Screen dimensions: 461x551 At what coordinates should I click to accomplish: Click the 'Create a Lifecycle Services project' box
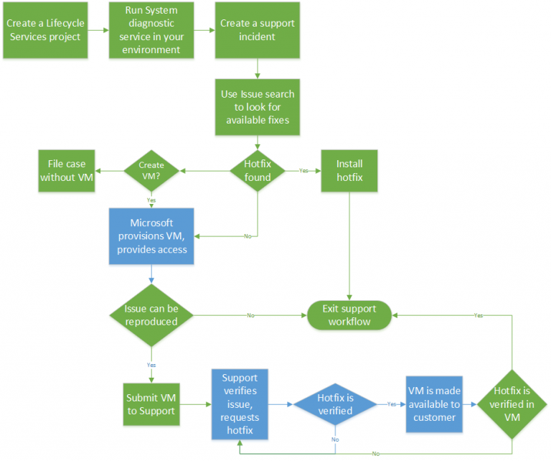(x=46, y=31)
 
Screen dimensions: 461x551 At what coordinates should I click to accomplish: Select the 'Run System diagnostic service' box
(x=152, y=31)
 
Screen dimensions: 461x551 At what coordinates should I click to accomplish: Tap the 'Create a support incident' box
(x=258, y=31)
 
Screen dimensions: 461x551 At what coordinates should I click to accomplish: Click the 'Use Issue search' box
(x=258, y=107)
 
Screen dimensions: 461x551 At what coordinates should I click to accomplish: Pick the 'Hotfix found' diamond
(x=258, y=171)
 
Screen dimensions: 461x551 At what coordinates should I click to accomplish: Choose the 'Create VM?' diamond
(x=151, y=171)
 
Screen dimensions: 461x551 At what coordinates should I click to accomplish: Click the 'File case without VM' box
(x=67, y=171)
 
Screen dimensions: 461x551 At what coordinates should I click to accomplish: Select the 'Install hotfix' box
(x=349, y=171)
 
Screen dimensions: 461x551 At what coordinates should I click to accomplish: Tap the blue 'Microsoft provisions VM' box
(x=151, y=236)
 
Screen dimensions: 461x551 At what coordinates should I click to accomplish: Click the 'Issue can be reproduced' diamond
(x=151, y=315)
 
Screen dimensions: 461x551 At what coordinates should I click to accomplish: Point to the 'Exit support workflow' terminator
(x=349, y=315)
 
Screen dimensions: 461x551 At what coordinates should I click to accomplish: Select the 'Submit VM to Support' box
(x=151, y=404)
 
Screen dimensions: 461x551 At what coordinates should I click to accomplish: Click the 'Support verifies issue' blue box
(x=240, y=404)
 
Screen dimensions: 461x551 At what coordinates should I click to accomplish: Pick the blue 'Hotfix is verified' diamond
(x=335, y=405)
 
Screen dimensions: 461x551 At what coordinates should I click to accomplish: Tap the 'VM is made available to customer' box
(x=434, y=404)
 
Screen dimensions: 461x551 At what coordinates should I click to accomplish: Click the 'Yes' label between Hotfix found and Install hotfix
(x=303, y=171)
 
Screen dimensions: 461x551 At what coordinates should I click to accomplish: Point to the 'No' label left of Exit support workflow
(x=250, y=315)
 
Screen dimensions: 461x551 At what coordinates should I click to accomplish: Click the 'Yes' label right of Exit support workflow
(x=479, y=315)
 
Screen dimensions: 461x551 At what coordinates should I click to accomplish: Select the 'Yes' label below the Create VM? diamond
(x=151, y=200)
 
